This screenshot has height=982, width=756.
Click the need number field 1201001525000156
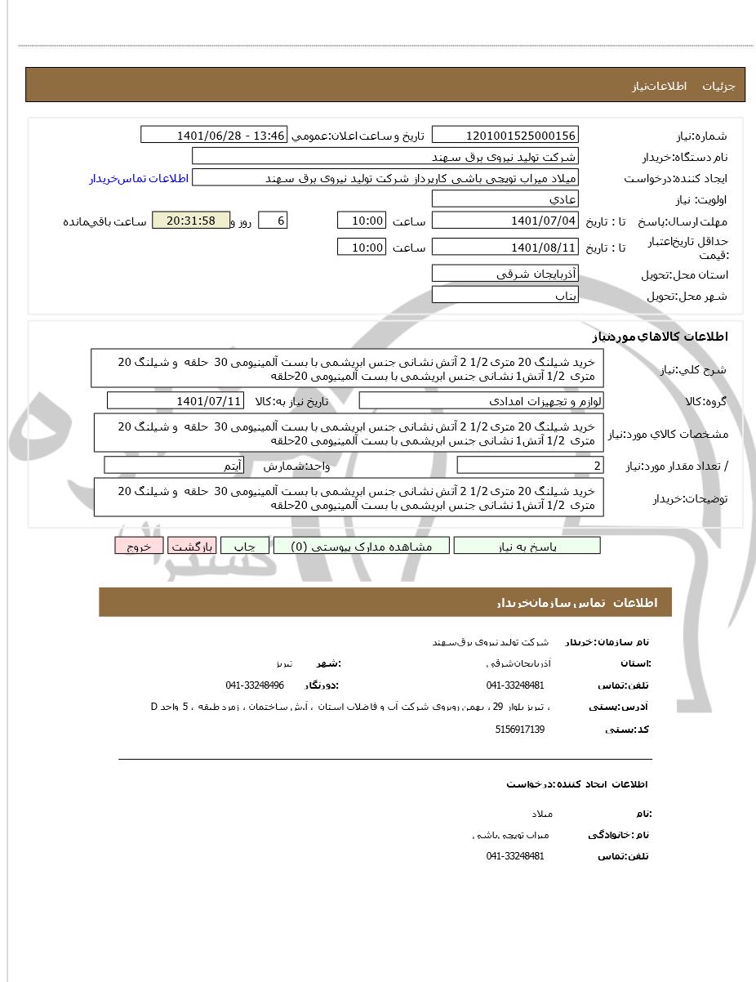(x=505, y=135)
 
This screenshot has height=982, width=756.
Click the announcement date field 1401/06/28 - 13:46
(x=214, y=135)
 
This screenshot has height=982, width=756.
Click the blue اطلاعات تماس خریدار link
(x=139, y=178)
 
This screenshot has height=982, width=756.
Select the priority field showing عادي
(x=505, y=199)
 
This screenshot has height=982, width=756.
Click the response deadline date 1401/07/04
(x=505, y=221)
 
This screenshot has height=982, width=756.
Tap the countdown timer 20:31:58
(x=190, y=221)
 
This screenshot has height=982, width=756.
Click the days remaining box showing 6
(x=273, y=221)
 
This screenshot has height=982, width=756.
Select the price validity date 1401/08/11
(x=505, y=247)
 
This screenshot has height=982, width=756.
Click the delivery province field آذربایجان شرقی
(x=505, y=274)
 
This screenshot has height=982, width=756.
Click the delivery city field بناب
(x=505, y=295)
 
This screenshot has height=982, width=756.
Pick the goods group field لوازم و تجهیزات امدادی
(x=482, y=400)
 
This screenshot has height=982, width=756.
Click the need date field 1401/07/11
(x=176, y=400)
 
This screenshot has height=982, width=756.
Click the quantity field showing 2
(x=531, y=466)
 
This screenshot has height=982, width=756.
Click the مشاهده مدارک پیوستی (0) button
(x=361, y=546)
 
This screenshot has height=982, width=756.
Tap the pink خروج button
(x=139, y=546)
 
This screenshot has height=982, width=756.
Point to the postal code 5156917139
(x=519, y=729)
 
